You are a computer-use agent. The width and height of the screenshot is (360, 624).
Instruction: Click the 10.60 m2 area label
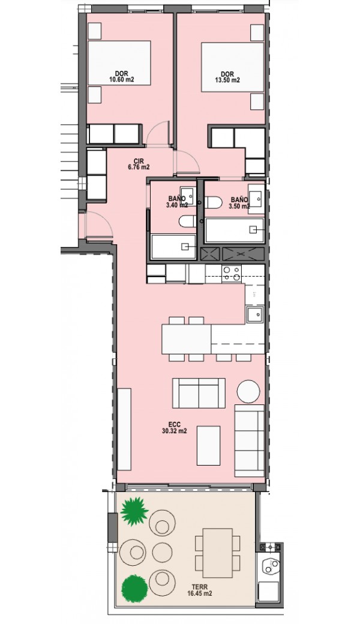point(121,80)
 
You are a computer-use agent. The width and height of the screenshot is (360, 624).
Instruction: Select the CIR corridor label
point(139,161)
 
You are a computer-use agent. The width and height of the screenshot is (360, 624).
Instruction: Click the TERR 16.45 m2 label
point(199,590)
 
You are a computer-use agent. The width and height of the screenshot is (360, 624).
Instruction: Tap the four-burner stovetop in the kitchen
point(232,274)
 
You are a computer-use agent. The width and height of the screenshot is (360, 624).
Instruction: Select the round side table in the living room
point(248,391)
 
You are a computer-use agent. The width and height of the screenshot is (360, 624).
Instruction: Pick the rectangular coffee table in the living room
point(208,445)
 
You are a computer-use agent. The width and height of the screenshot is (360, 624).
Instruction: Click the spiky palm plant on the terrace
point(134,511)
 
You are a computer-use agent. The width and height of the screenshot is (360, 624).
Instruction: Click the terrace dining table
point(217,553)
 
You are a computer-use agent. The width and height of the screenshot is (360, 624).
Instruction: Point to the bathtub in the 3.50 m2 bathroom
point(234,230)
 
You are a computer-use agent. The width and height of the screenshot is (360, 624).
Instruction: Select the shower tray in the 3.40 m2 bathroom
point(173,247)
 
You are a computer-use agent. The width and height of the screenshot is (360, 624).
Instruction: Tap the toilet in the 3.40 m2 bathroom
point(187,221)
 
